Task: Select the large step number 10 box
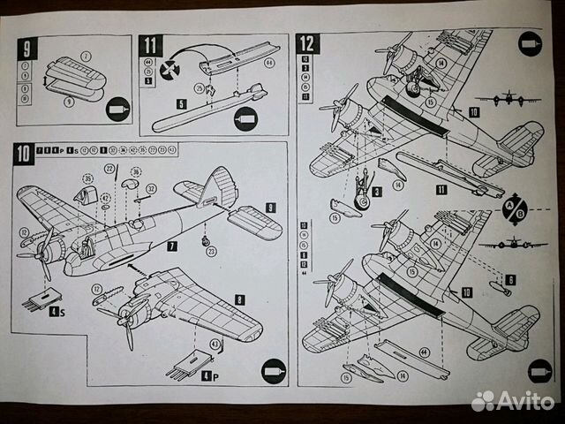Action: click(24, 154)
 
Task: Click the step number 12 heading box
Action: click(308, 44)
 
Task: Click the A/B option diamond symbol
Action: click(515, 208)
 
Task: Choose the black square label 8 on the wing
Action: click(240, 300)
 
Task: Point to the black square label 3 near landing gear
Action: click(376, 191)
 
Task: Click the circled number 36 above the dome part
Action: click(136, 170)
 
